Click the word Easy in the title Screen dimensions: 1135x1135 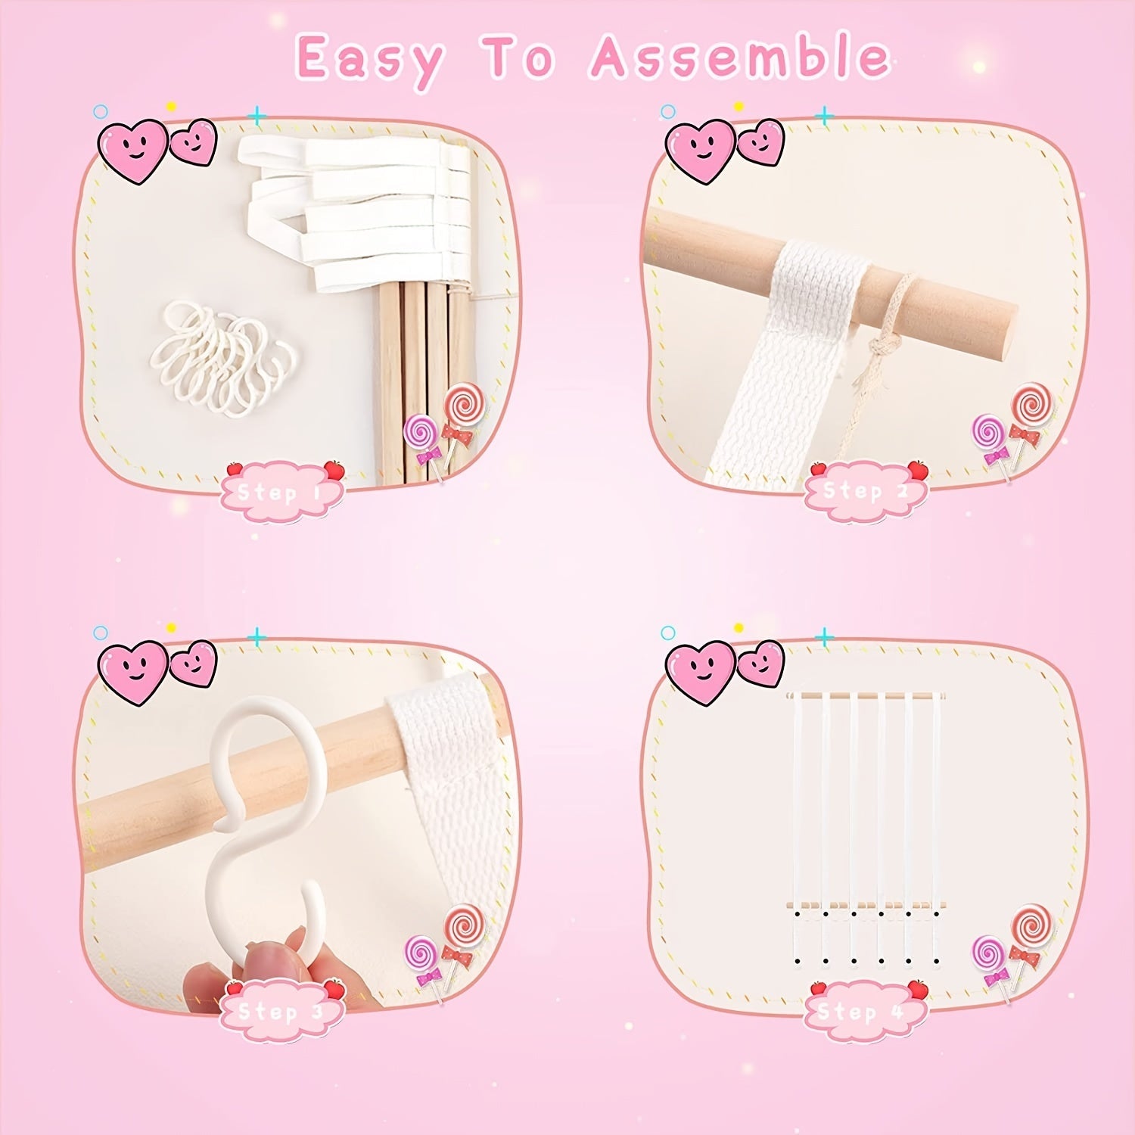(x=370, y=59)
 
